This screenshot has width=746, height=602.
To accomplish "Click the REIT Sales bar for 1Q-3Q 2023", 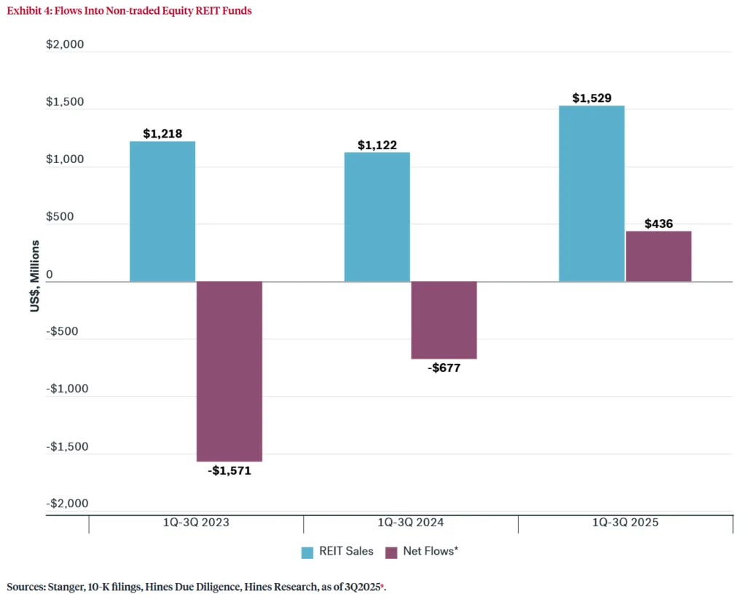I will point(162,211).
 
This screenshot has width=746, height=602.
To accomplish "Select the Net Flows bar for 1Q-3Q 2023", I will point(229,371).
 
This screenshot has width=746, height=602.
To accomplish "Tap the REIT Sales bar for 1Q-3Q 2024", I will point(377,217).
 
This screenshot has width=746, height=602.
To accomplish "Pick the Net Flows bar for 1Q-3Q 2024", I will point(444,320).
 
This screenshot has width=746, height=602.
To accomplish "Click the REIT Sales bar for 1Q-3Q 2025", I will point(592,194).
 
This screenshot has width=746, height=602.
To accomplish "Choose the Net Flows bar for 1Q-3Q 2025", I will point(659,256).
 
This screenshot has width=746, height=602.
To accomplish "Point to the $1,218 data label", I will point(162,133).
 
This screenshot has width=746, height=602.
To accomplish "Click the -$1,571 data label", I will point(229,470).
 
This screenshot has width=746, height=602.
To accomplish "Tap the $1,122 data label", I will point(377,145).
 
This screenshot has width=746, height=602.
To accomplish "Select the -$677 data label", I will point(444,368).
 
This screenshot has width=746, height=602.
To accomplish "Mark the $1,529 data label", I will point(592,98).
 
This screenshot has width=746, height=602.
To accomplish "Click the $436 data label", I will point(659,223).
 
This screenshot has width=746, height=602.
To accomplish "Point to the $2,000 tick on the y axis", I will point(65,44).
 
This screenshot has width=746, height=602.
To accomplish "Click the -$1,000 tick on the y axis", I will point(67,389).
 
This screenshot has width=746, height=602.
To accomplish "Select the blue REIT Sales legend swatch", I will point(307,552).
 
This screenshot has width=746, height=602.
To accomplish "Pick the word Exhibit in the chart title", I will point(24,11).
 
